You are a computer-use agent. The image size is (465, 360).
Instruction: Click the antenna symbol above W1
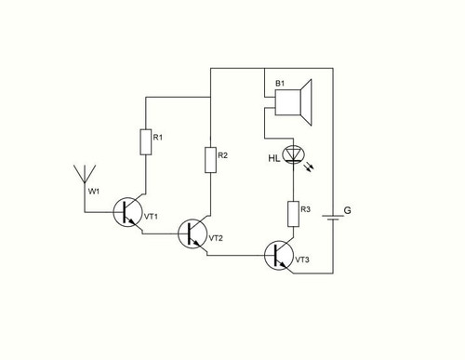point(85,174)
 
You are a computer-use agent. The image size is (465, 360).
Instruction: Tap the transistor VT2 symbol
point(193,233)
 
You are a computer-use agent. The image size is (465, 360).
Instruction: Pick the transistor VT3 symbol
point(279,256)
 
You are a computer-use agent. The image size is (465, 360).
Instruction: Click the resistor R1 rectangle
point(146,142)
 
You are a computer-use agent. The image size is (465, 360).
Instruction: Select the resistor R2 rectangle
point(210,160)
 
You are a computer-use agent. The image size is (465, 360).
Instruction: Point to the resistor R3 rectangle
point(294,214)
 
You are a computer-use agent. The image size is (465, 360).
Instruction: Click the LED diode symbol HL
point(294,154)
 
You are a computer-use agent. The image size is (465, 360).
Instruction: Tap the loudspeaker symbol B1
point(293,102)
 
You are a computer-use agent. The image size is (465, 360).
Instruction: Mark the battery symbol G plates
point(333,217)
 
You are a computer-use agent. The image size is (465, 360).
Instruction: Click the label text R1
point(158,138)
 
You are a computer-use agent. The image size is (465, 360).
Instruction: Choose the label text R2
point(222,155)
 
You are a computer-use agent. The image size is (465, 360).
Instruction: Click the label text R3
point(305,209)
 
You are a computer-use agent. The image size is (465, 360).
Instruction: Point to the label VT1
point(151,217)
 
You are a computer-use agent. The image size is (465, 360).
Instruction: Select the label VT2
point(216,238)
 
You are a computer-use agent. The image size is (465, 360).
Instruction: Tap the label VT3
point(302,260)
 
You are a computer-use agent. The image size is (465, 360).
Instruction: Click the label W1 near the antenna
point(94,192)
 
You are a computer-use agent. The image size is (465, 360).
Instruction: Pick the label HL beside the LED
point(274,159)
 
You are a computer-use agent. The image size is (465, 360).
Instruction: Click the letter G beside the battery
point(348,210)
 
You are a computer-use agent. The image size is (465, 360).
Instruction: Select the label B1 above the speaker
point(280,84)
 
